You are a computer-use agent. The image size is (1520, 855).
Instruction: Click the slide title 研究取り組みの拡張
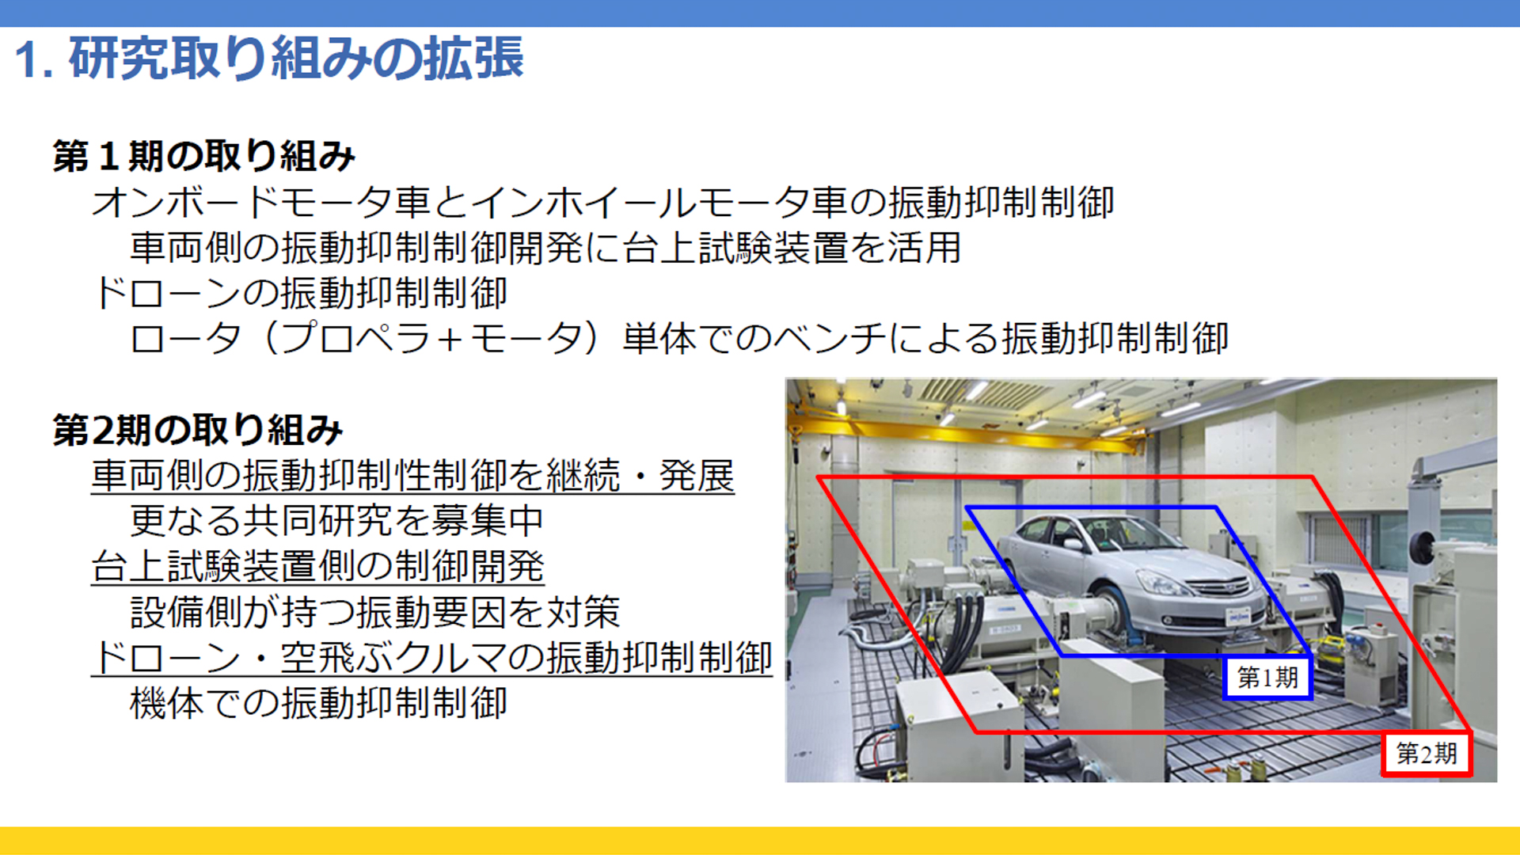tap(296, 58)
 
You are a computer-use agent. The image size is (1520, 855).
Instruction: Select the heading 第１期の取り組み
tap(204, 156)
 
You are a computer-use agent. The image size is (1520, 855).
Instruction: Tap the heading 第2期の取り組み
tap(198, 430)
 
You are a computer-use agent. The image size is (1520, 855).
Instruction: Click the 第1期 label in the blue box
tap(1267, 678)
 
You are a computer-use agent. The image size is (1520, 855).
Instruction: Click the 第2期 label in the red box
tap(1427, 754)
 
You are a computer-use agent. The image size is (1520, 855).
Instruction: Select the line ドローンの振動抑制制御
tap(300, 293)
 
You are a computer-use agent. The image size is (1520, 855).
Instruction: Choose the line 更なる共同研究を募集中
tap(336, 521)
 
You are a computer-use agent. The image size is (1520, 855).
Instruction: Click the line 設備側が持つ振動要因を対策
tap(374, 612)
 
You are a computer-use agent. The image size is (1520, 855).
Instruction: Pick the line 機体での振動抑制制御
tap(318, 703)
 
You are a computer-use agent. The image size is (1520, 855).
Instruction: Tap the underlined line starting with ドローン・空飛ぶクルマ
tap(432, 658)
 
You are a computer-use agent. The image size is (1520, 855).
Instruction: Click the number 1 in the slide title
tap(25, 59)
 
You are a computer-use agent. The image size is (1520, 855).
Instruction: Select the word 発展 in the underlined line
tap(697, 476)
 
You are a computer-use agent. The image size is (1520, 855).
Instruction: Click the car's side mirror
tap(1073, 544)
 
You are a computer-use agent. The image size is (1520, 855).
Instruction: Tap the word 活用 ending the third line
tap(924, 248)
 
